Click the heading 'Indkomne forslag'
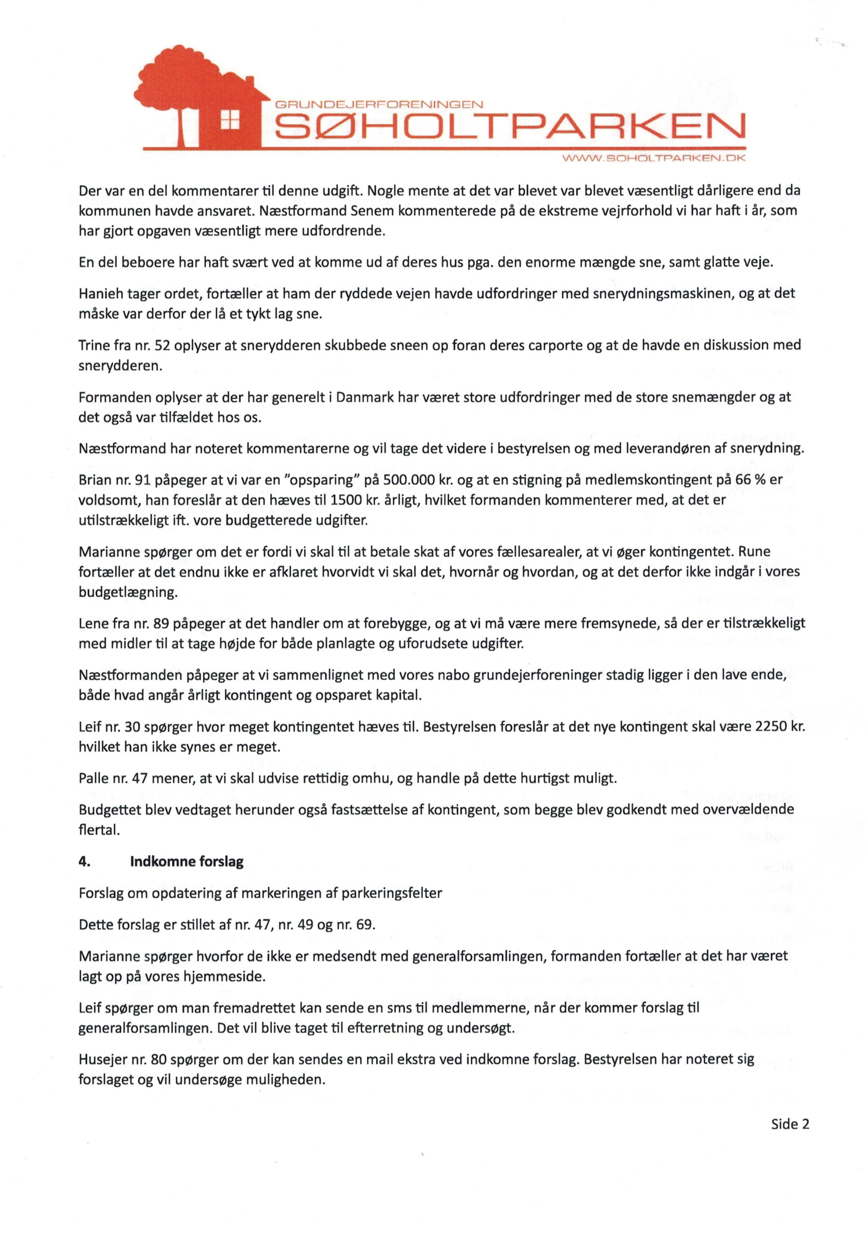pyautogui.click(x=186, y=861)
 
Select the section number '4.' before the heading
pyautogui.click(x=84, y=861)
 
